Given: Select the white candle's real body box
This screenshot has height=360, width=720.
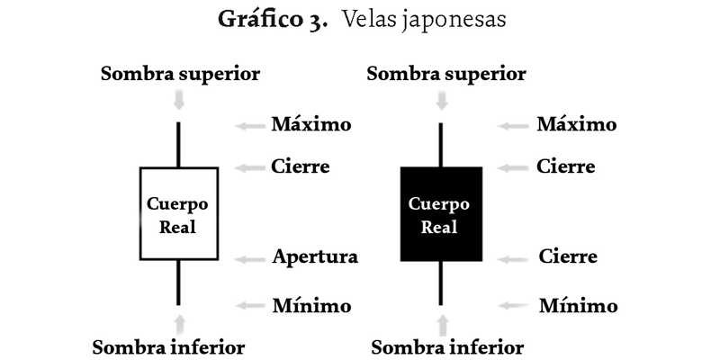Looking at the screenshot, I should (x=178, y=214).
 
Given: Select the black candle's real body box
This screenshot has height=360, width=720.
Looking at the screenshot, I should (x=441, y=214).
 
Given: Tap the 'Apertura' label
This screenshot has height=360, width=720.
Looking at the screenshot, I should (x=315, y=257).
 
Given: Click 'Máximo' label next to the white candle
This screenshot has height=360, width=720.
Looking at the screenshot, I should (x=311, y=124).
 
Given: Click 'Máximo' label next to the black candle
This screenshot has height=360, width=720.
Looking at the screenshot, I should (x=577, y=124).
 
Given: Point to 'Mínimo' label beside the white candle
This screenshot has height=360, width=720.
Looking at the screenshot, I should (x=311, y=306).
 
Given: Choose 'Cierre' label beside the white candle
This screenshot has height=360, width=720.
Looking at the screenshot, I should (x=301, y=166).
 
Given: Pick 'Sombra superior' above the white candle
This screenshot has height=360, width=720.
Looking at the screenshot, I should (x=180, y=73).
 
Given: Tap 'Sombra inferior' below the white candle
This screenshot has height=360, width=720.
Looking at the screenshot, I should (x=168, y=346).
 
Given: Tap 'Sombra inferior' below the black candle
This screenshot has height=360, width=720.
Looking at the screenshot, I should (x=447, y=346).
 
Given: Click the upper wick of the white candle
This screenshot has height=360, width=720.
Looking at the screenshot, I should (x=178, y=144).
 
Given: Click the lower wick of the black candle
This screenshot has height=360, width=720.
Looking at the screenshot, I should (x=441, y=283).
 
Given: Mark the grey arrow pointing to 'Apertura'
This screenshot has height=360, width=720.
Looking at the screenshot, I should (x=247, y=259).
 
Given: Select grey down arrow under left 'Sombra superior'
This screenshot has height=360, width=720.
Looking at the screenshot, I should (x=179, y=100).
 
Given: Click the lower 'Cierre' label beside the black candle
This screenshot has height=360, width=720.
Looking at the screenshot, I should (x=568, y=257).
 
